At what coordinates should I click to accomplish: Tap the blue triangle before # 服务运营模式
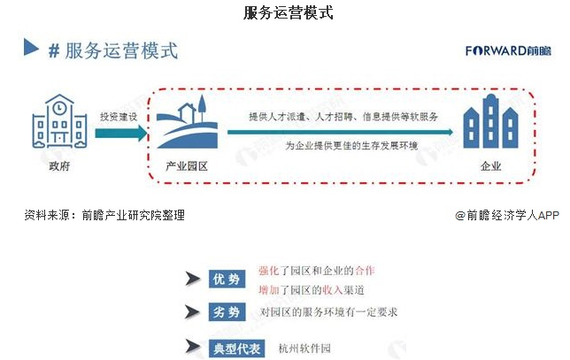(x=32, y=49)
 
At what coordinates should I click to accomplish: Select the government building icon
(x=54, y=125)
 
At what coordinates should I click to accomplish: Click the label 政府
(x=54, y=165)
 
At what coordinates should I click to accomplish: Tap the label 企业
(x=490, y=165)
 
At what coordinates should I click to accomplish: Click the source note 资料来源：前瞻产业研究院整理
(x=104, y=214)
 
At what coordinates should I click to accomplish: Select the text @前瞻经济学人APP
(x=507, y=214)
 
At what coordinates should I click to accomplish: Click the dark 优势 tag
(x=224, y=280)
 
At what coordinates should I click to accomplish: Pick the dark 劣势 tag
(x=224, y=312)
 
